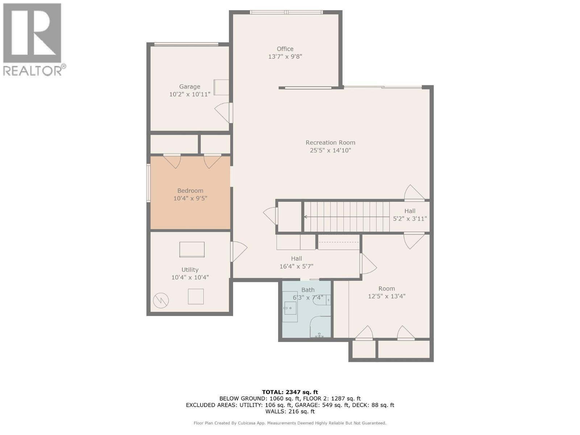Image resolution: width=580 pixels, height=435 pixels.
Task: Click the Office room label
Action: coord(285,49)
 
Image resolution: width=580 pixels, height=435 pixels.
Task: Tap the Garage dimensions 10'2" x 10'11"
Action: coord(190,95)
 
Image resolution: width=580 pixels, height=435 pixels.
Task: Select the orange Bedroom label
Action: coord(190,191)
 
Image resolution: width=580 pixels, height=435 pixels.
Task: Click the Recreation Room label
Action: coord(330,143)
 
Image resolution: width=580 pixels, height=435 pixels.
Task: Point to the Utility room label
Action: coord(190,270)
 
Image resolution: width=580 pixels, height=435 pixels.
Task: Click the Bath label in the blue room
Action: coord(308,290)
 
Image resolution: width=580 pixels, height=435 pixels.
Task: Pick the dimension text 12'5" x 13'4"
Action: coord(386,296)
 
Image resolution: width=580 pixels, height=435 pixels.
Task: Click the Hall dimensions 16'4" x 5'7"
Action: coord(296,266)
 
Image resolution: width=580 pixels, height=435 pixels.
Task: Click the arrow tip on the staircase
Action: coord(305,217)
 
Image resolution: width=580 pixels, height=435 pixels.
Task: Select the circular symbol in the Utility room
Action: coord(161,300)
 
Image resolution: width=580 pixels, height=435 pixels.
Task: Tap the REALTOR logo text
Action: coord(33,70)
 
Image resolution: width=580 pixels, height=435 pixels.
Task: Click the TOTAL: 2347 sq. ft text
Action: coord(290,392)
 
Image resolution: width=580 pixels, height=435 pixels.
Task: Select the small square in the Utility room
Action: coord(196,297)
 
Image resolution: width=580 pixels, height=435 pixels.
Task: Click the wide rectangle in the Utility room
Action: coord(192,249)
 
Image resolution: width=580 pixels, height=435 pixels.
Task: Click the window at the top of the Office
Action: coord(286,12)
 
